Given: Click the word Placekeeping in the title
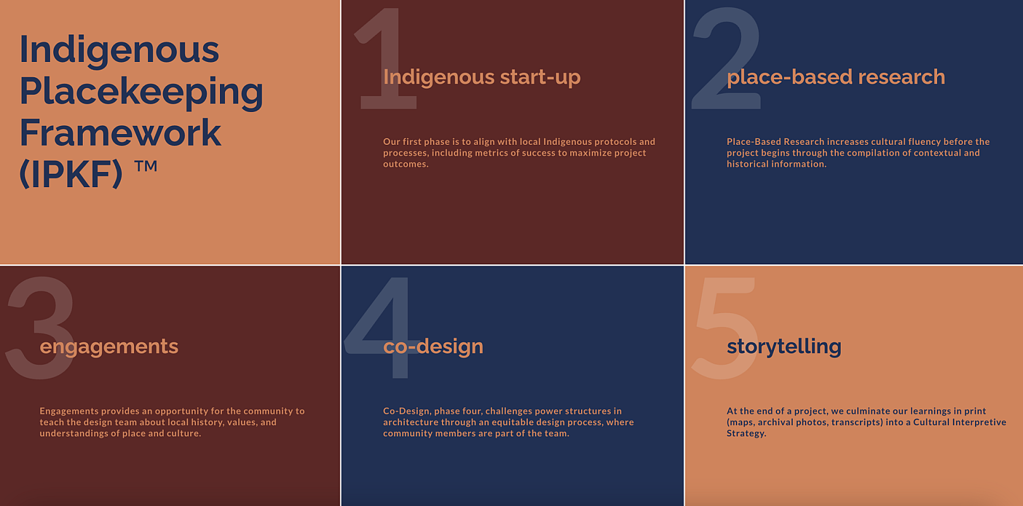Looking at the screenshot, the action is pyautogui.click(x=141, y=92).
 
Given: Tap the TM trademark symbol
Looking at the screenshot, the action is pyautogui.click(x=145, y=166).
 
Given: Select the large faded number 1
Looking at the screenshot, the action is pyautogui.click(x=386, y=58).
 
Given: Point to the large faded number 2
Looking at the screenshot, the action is pyautogui.click(x=726, y=58).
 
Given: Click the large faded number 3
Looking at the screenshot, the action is pyautogui.click(x=40, y=328).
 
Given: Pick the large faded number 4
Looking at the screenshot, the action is pyautogui.click(x=383, y=328).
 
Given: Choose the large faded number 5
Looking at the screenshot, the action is pyautogui.click(x=725, y=328).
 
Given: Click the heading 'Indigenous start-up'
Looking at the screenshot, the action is pyautogui.click(x=482, y=77).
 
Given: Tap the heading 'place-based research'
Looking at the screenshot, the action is pyautogui.click(x=836, y=77).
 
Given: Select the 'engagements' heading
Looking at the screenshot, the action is pyautogui.click(x=109, y=347).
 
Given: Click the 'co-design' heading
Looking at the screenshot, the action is pyautogui.click(x=433, y=346).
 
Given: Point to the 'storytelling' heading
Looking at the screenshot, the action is pyautogui.click(x=784, y=347).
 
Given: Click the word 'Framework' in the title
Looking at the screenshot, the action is pyautogui.click(x=120, y=132).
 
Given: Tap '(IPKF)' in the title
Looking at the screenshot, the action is pyautogui.click(x=71, y=174).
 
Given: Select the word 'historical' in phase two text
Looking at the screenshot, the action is pyautogui.click(x=747, y=164).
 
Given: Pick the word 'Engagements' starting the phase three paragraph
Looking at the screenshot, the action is pyautogui.click(x=69, y=412).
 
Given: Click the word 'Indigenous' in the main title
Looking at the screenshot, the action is pyautogui.click(x=119, y=50).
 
